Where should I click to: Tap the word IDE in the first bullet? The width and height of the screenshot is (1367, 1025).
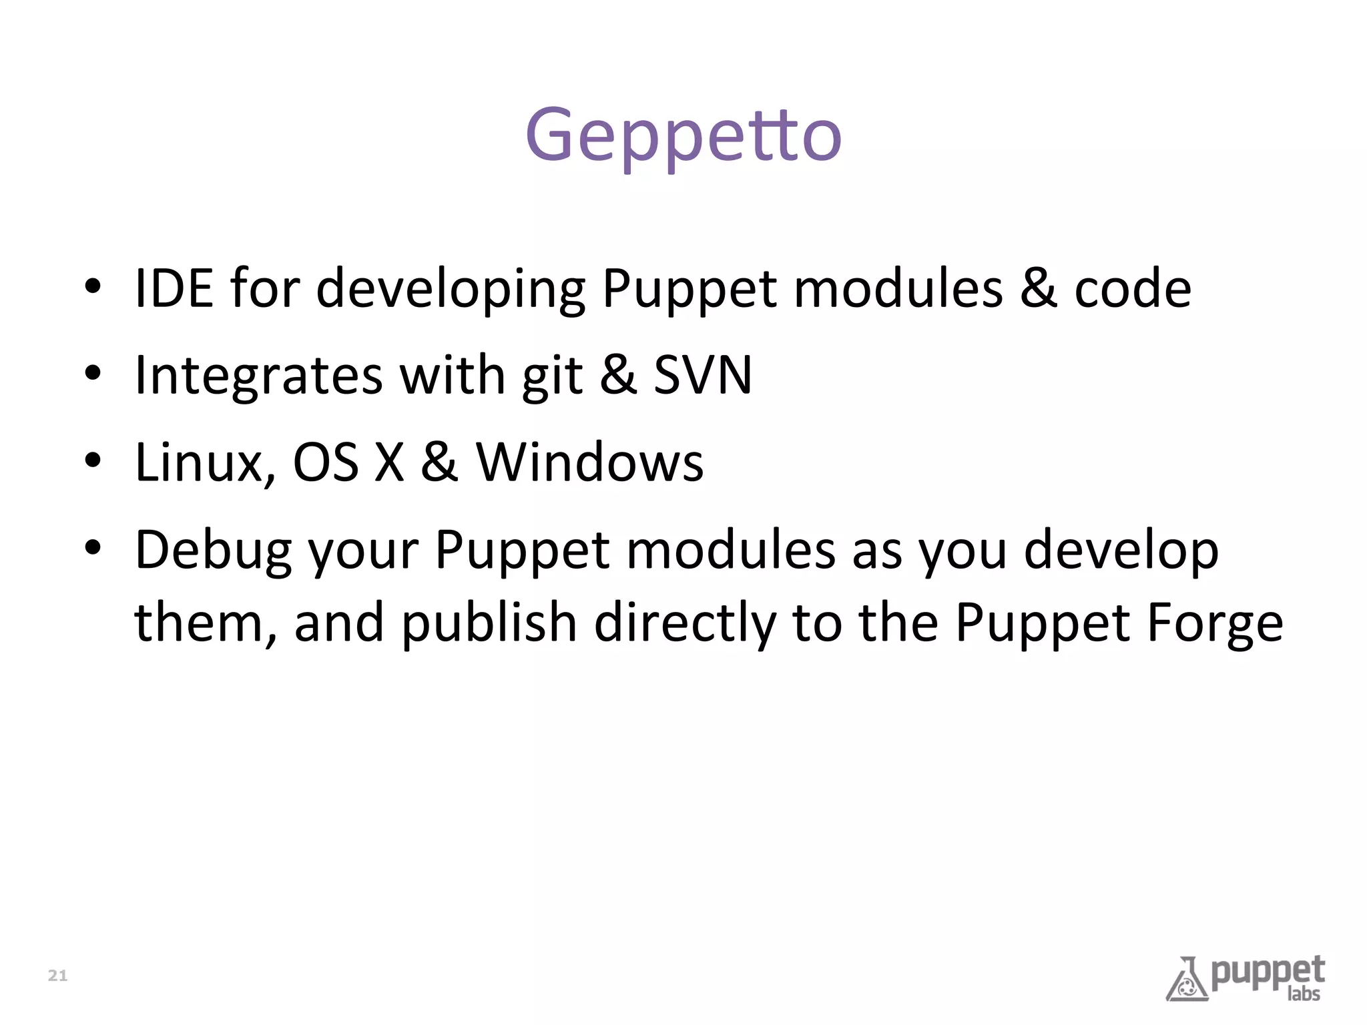pyautogui.click(x=174, y=288)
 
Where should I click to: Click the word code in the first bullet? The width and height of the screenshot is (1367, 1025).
pyautogui.click(x=1132, y=288)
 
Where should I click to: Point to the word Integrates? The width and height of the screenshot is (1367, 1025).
pyautogui.click(x=258, y=376)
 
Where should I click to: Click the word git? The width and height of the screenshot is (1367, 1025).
pyautogui.click(x=552, y=376)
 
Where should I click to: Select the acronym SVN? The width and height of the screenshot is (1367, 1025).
pyautogui.click(x=702, y=374)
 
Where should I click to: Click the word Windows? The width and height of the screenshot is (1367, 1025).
pyautogui.click(x=589, y=462)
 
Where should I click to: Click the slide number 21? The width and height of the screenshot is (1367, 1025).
pyautogui.click(x=58, y=976)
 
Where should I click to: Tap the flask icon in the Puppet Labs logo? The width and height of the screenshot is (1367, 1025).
pyautogui.click(x=1187, y=980)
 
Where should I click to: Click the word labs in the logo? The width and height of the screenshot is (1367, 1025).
pyautogui.click(x=1304, y=994)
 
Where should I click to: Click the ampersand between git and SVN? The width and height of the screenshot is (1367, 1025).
pyautogui.click(x=617, y=374)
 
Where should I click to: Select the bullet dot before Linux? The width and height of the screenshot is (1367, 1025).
pyautogui.click(x=93, y=460)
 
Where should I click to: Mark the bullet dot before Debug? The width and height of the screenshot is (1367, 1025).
pyautogui.click(x=93, y=548)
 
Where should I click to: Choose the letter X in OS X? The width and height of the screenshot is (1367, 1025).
pyautogui.click(x=389, y=462)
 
